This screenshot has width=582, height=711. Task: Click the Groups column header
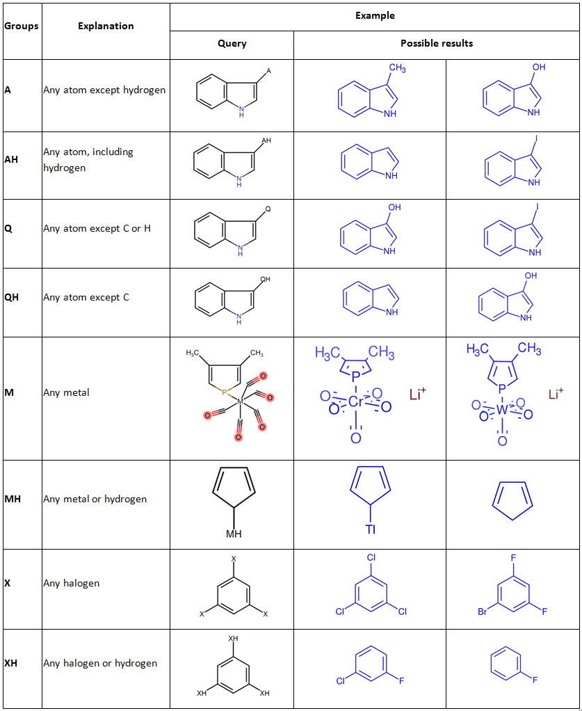(x=22, y=26)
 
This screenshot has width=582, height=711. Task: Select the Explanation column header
(x=106, y=26)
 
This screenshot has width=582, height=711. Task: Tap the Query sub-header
(x=232, y=43)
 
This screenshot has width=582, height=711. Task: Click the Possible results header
(x=436, y=43)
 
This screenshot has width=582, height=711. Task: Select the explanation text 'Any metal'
(x=66, y=392)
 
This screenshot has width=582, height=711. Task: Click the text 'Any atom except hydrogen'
(x=104, y=90)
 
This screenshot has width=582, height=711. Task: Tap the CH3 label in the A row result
(x=397, y=68)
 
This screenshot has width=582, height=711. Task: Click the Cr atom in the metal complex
(x=356, y=402)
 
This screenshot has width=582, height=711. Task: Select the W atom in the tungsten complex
(x=502, y=410)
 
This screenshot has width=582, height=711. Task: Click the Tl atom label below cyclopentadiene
(x=370, y=529)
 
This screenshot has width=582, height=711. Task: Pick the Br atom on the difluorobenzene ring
(x=481, y=612)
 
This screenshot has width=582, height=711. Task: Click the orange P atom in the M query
(x=224, y=392)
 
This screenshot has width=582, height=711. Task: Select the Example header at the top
(x=375, y=15)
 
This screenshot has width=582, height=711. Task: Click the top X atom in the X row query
(x=234, y=559)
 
